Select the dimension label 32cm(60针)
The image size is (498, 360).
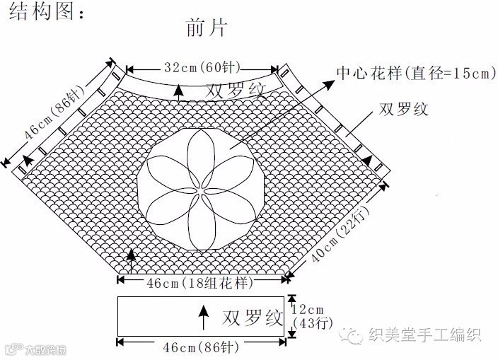pyautogui.click(x=202, y=69)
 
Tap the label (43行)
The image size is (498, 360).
pyautogui.click(x=308, y=323)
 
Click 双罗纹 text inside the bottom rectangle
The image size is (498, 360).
pyautogui.click(x=253, y=316)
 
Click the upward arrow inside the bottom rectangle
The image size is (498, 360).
pyautogui.click(x=204, y=317)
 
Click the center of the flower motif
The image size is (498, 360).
pyautogui.click(x=203, y=187)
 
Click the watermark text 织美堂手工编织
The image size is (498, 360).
pyautogui.click(x=425, y=335)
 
